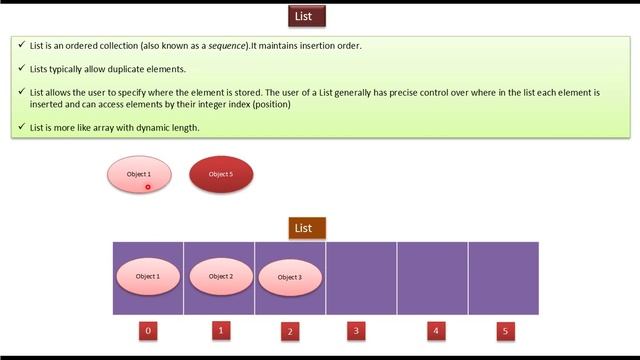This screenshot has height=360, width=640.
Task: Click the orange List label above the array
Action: point(303,228)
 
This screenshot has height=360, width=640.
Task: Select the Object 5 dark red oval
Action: point(221,174)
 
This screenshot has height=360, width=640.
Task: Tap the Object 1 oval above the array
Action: point(139,174)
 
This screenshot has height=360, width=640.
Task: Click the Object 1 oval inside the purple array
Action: point(148,276)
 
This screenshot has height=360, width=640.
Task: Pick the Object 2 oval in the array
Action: point(221,276)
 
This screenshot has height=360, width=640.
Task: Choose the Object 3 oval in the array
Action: point(290,277)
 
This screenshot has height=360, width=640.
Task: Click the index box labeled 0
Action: point(148,331)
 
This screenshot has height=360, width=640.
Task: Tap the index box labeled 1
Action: point(221,330)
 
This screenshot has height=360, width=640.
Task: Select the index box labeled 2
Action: point(290,331)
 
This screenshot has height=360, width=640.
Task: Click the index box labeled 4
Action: point(435,331)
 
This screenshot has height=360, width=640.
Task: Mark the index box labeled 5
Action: point(505,331)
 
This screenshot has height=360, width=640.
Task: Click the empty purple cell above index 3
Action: point(361,278)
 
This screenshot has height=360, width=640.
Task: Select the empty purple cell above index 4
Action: point(433,278)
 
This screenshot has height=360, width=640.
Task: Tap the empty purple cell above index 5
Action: point(504,278)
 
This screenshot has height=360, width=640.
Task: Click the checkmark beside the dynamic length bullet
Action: point(21,127)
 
